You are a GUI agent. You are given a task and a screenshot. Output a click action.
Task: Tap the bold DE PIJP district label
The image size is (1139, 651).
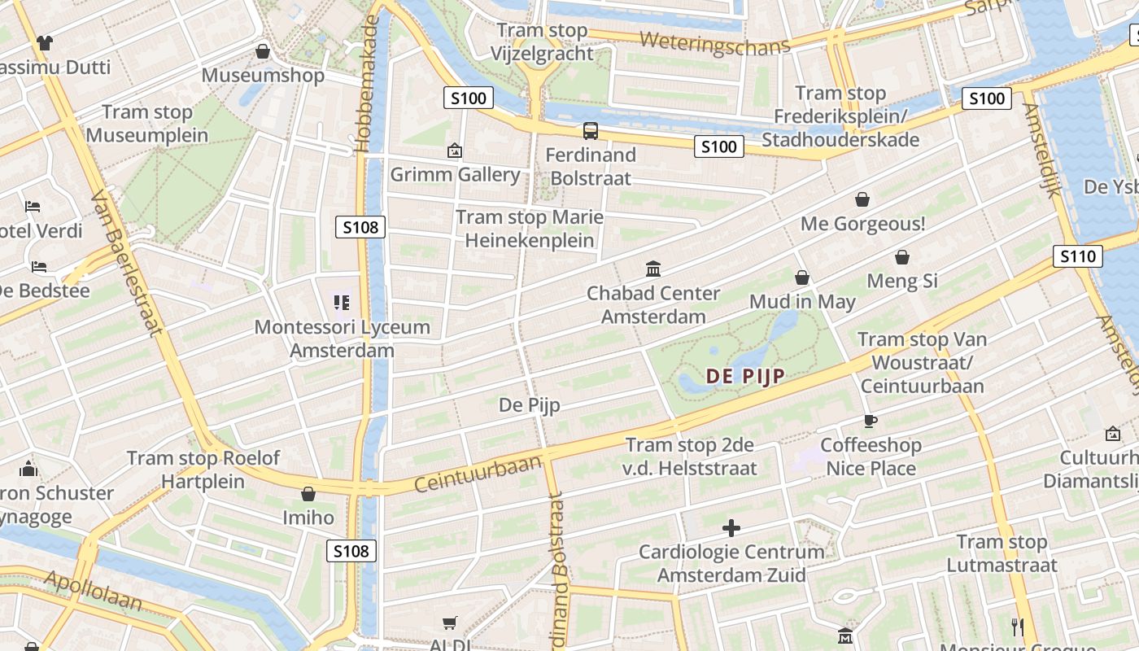(745, 376)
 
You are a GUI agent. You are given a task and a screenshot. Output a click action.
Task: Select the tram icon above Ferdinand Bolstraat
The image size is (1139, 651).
(591, 130)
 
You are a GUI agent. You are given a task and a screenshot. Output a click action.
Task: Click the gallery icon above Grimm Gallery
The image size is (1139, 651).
(455, 151)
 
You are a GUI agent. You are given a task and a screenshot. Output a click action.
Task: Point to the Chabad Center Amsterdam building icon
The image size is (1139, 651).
(653, 269)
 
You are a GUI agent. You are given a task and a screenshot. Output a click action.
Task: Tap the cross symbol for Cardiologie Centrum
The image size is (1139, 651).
(731, 528)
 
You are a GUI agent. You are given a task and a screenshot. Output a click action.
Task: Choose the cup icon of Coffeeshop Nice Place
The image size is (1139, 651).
(871, 421)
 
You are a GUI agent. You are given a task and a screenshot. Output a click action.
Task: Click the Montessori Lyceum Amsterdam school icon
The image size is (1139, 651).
(342, 303)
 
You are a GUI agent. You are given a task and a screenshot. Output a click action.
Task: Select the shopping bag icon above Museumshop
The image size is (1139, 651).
(263, 51)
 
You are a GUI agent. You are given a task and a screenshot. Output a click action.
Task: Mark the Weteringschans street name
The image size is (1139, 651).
(714, 42)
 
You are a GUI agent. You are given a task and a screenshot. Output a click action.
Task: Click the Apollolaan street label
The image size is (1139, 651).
(93, 592)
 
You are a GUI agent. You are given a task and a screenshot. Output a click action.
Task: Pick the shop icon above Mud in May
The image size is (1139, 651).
(802, 277)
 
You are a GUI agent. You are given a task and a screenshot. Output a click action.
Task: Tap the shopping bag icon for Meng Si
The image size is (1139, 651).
(902, 258)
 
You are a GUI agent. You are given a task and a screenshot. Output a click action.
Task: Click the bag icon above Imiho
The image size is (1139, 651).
(308, 494)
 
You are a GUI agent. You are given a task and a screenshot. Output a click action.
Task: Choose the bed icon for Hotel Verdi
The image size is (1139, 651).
(33, 206)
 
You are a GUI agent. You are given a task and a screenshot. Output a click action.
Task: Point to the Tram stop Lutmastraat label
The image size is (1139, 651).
(1002, 553)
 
